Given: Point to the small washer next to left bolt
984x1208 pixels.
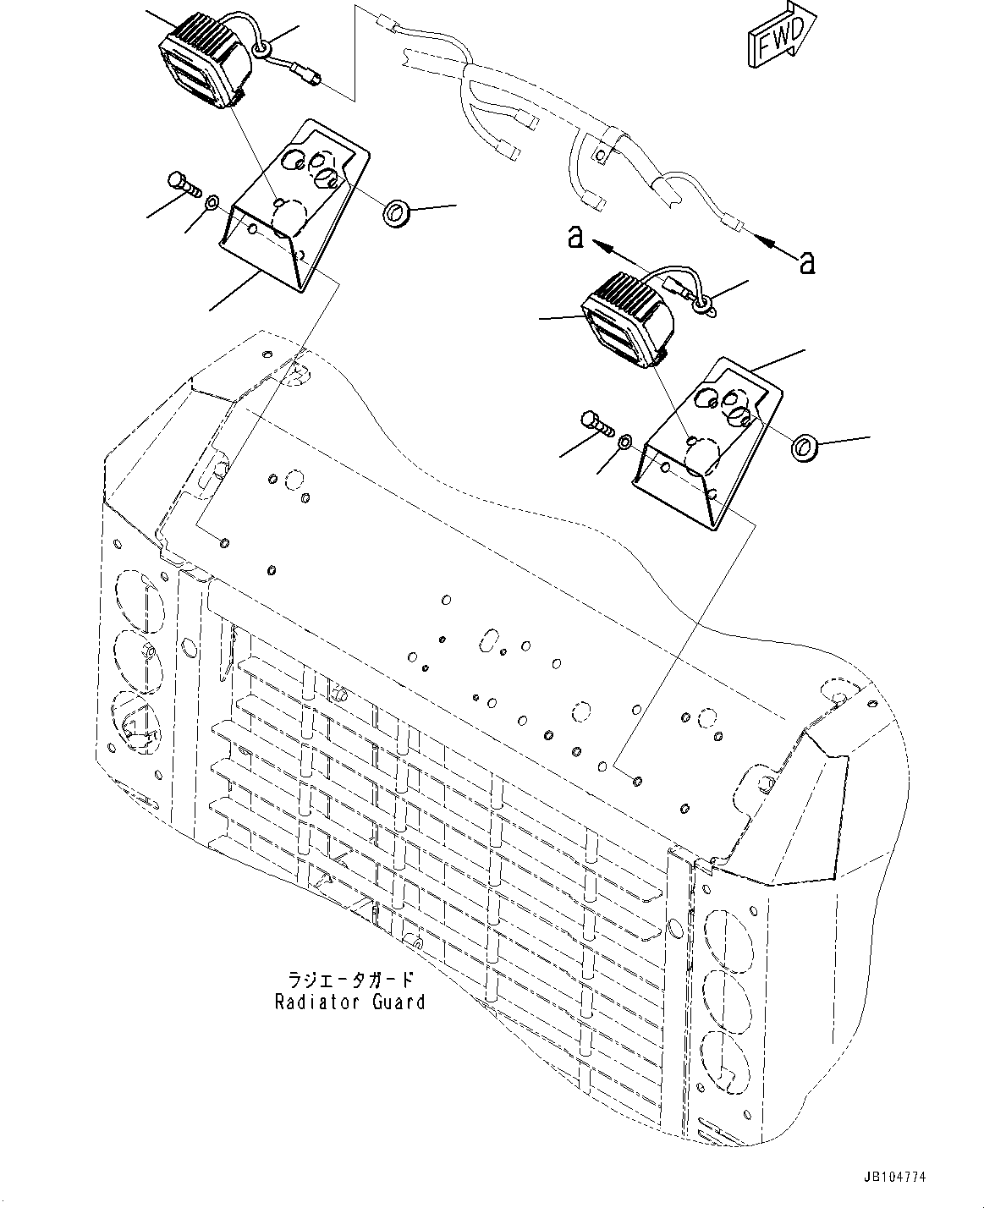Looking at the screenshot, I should pos(213,202).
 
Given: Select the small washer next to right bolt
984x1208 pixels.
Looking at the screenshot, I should pos(625,441).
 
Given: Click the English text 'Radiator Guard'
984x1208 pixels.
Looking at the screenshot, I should pos(349,1002).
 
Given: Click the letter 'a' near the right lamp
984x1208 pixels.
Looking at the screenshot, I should pos(575,238).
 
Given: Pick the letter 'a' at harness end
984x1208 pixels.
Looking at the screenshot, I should pos(806,264).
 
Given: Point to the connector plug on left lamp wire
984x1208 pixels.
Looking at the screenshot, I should pos(308,75).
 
